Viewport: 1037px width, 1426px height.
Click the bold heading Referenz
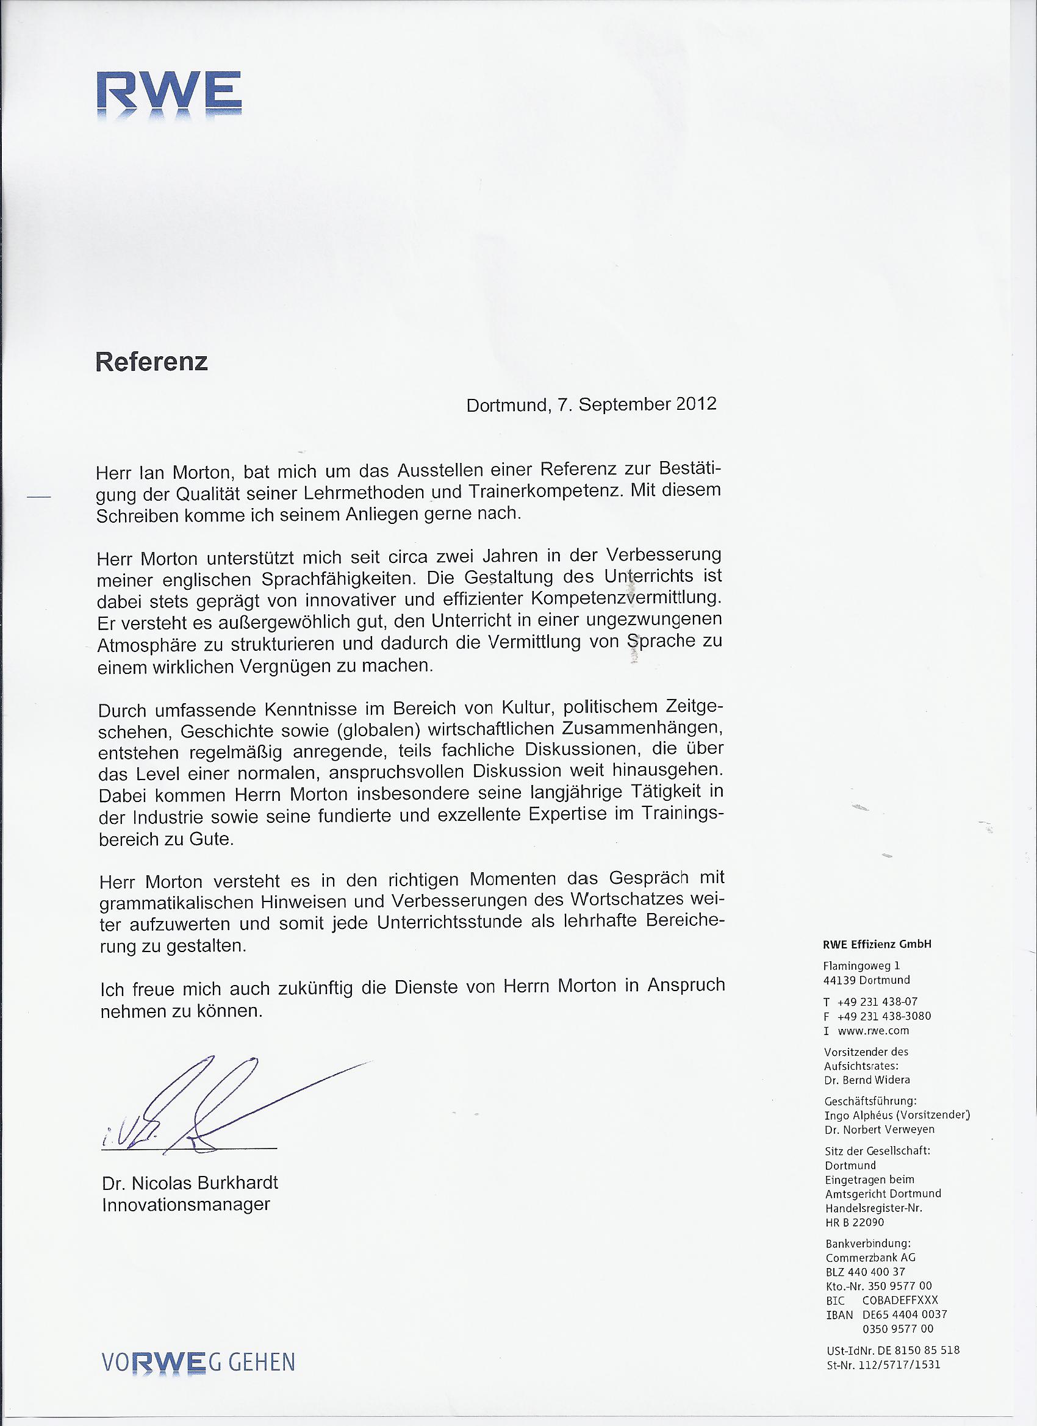(151, 362)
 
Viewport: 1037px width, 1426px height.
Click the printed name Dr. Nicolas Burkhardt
(190, 1183)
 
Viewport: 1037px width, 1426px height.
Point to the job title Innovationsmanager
(185, 1205)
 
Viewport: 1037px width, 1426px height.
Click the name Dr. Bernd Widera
(867, 1080)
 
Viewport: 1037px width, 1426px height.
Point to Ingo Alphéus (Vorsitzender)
(897, 1115)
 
